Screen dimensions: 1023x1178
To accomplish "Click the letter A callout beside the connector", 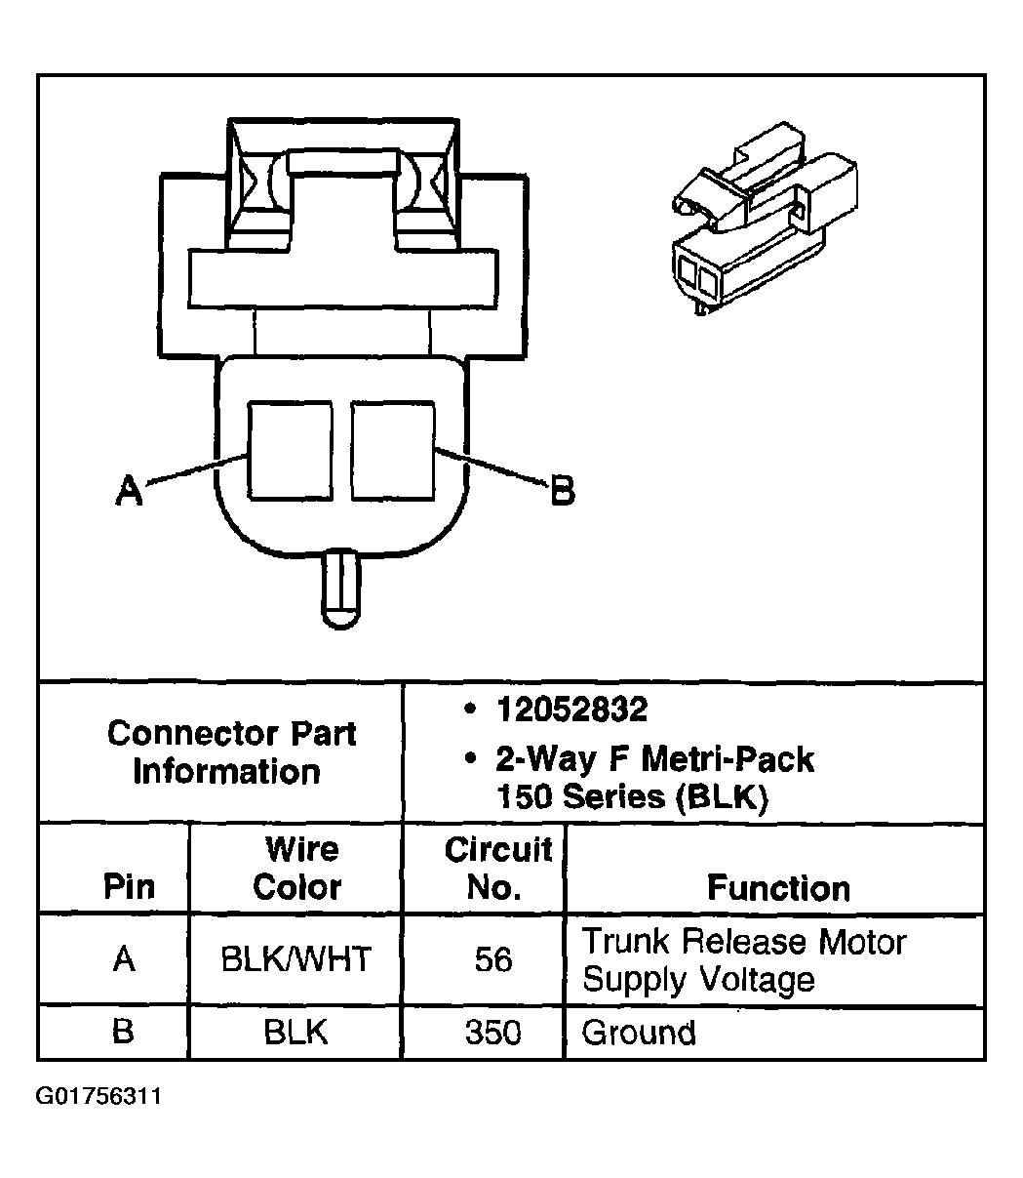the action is tap(129, 489).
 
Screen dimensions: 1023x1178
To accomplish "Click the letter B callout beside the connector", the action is tap(562, 490).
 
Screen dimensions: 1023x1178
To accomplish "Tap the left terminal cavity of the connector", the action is tap(290, 450).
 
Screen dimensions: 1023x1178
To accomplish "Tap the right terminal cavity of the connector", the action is tap(393, 450).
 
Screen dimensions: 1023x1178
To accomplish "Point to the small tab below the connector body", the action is tap(340, 589).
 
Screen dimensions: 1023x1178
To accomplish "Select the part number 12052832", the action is tap(571, 709).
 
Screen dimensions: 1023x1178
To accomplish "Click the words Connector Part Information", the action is tap(231, 752).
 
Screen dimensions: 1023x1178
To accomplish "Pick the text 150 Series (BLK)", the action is tap(632, 797).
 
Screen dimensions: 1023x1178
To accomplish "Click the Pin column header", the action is tap(129, 886).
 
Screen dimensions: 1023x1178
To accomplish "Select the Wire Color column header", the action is tap(297, 868).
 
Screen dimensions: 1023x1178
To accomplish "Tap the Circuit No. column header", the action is tap(497, 868).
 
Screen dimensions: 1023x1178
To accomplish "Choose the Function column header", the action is tap(778, 887).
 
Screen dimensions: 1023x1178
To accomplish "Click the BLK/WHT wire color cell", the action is tap(295, 959).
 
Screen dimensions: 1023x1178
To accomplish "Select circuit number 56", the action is tap(493, 959).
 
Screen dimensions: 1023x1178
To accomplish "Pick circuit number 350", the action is tap(493, 1033).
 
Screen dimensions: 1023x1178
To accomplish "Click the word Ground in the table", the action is tap(639, 1033).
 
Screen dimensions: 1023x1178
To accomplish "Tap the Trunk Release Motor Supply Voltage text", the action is tap(744, 960).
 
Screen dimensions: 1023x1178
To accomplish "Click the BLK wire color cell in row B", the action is tap(295, 1033).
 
